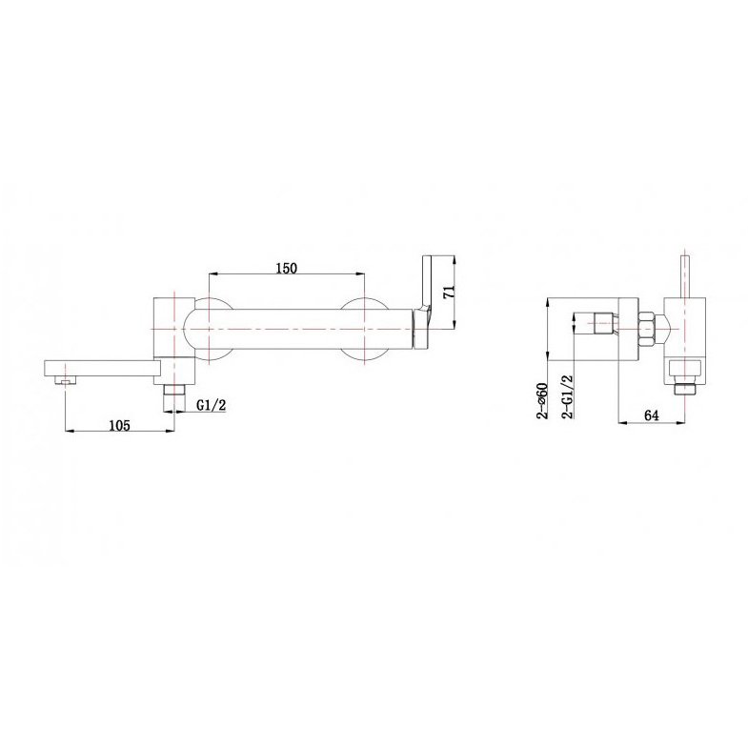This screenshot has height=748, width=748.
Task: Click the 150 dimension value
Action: tap(286, 268)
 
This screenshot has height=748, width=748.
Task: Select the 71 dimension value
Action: tap(450, 292)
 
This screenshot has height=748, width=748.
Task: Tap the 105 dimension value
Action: tap(119, 425)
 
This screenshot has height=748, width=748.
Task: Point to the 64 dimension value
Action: tap(652, 415)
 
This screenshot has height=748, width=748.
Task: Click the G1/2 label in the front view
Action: tap(212, 405)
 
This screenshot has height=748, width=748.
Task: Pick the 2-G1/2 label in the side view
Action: tap(568, 396)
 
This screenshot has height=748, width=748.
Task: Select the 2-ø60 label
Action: tap(542, 400)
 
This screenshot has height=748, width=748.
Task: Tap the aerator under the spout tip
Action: tap(66, 380)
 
